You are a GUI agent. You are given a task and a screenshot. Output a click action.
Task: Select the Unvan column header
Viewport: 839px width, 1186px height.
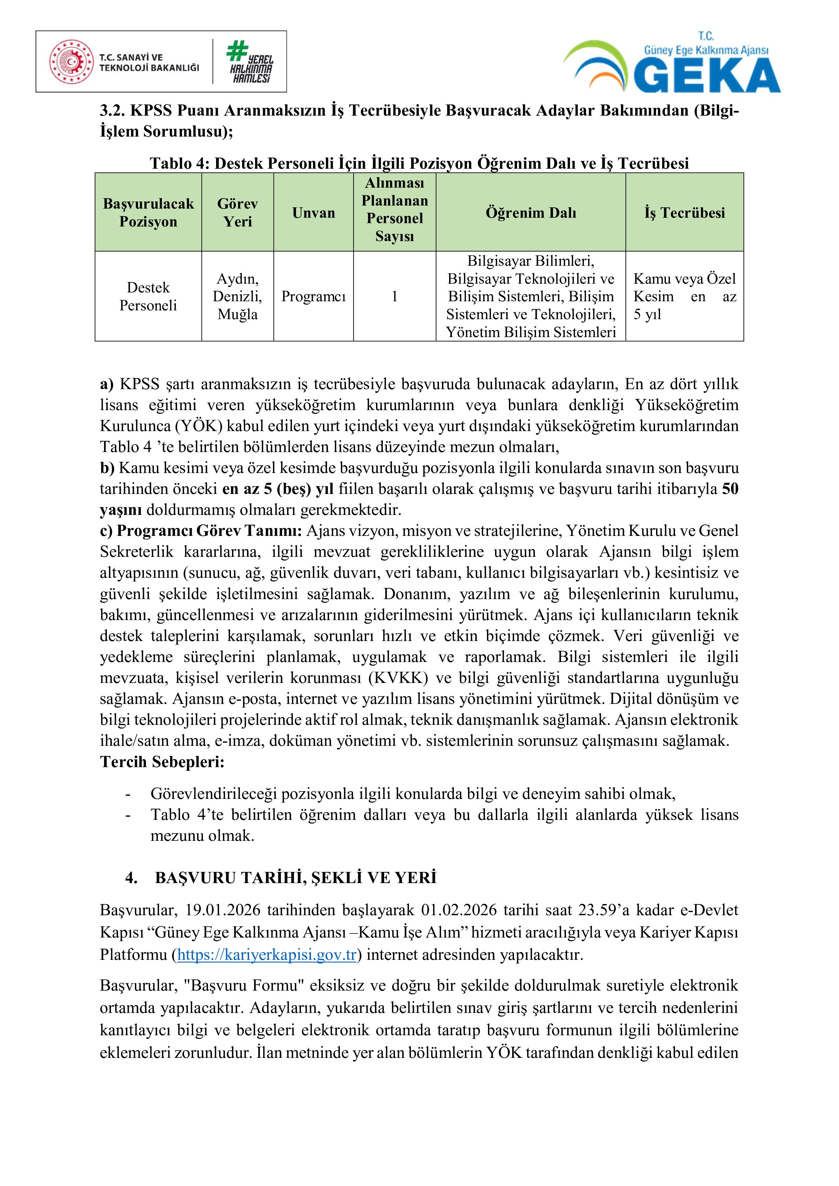(x=313, y=213)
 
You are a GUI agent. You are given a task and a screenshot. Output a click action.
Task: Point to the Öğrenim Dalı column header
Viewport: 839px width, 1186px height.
(x=531, y=213)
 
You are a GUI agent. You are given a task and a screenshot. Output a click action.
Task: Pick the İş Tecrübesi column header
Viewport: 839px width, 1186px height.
(x=684, y=213)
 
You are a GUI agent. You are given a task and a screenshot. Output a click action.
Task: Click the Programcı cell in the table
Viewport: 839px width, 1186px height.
(x=313, y=296)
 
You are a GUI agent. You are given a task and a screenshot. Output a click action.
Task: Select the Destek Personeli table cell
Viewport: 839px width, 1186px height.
(x=148, y=296)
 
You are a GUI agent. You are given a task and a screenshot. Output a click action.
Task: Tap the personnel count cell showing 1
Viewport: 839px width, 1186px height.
(x=394, y=296)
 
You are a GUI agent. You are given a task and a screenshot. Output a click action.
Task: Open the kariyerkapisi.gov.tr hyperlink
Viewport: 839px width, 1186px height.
(x=266, y=955)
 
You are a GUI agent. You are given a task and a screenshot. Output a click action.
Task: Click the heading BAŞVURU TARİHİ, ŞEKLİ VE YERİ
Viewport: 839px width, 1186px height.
(x=296, y=878)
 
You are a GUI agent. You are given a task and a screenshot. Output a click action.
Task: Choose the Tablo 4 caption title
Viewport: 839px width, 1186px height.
(x=419, y=163)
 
